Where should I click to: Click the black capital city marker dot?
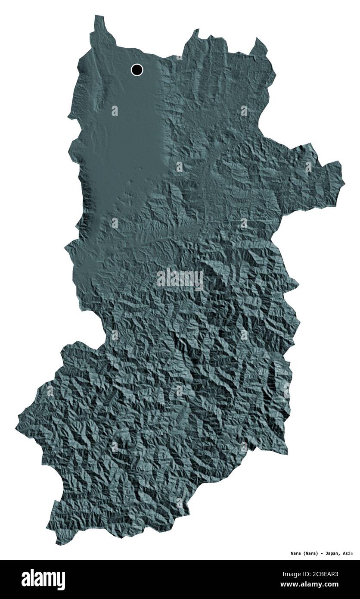(x=137, y=69)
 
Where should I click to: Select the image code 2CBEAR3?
(x=325, y=574)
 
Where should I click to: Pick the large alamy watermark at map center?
(x=180, y=279)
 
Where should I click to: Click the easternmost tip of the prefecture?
(x=344, y=181)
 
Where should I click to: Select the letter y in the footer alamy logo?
(x=62, y=580)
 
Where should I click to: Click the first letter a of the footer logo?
(x=25, y=579)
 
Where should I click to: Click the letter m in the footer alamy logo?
(x=49, y=579)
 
